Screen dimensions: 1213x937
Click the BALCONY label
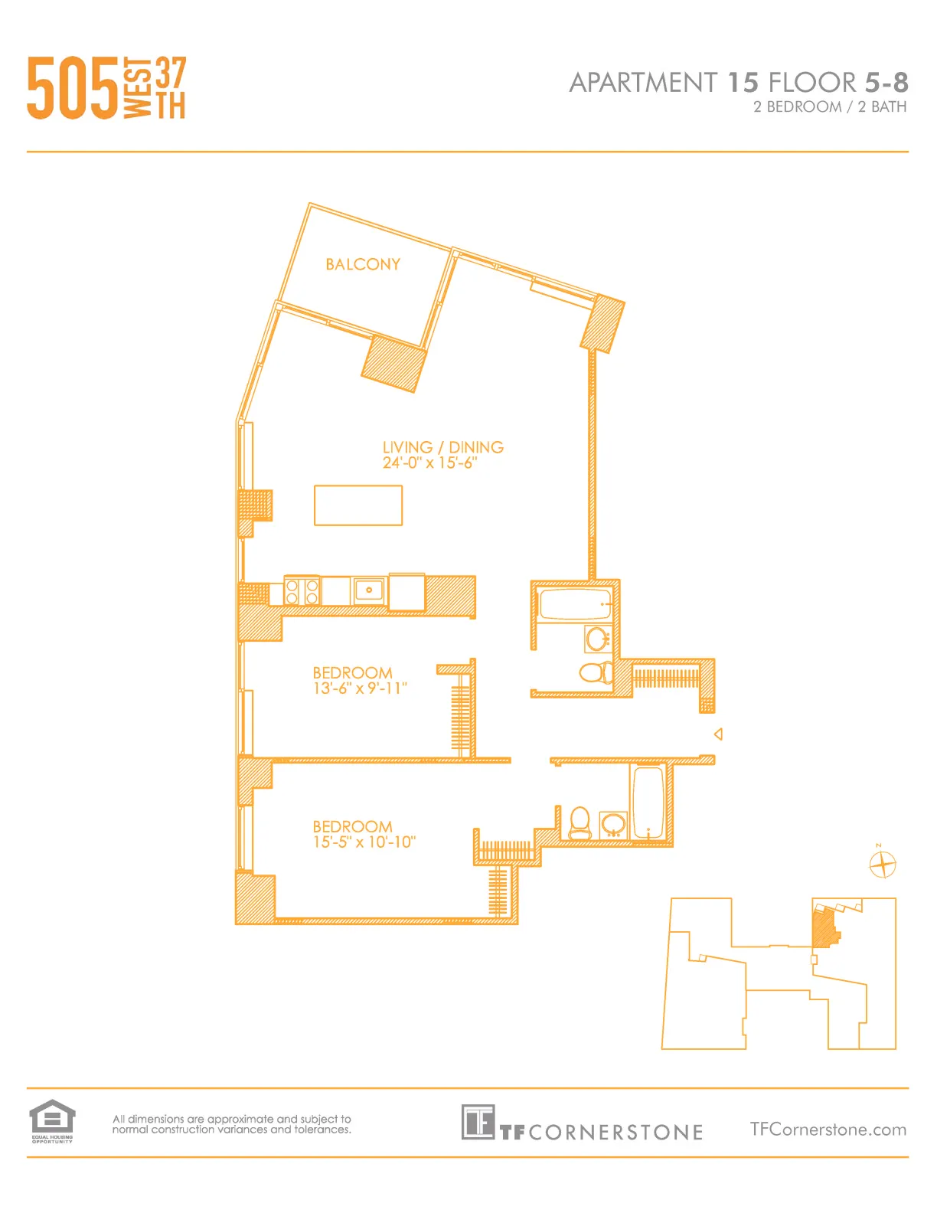(x=363, y=264)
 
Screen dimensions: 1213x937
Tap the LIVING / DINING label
(x=442, y=447)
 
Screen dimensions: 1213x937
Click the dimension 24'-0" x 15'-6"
(x=429, y=463)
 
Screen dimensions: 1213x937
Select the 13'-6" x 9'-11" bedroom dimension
(x=359, y=688)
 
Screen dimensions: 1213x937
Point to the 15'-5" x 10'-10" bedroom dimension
(x=364, y=842)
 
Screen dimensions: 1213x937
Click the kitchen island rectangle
(x=357, y=505)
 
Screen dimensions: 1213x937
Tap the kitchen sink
(x=369, y=590)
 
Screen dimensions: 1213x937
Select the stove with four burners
(x=302, y=591)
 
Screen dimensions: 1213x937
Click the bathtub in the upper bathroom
(x=575, y=604)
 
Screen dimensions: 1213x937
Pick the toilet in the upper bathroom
(x=596, y=673)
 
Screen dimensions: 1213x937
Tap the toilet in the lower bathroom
(x=580, y=822)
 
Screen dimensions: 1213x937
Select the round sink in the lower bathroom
(x=613, y=825)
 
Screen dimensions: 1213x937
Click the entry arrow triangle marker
(x=718, y=734)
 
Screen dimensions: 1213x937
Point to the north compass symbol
(x=883, y=865)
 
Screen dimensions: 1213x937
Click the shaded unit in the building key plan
(x=824, y=927)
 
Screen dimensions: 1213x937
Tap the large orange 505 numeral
(x=73, y=89)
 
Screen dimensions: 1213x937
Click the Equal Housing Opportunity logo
(x=52, y=1120)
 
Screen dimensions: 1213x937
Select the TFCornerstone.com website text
(x=828, y=1130)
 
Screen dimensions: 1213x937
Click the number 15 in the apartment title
(x=743, y=82)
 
